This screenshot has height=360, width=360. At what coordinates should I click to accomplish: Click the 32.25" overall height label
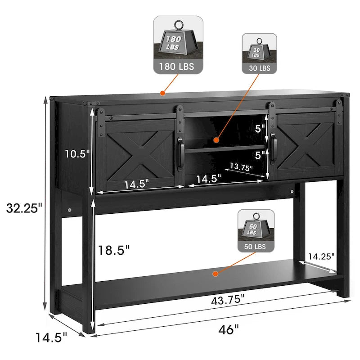point(24,208)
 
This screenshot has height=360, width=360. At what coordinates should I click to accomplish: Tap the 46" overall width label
point(229,330)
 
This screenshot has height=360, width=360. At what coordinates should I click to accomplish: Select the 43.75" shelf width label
point(228,300)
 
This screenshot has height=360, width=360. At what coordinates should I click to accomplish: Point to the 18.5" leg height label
point(114,250)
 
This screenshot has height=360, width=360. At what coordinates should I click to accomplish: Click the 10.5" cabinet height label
point(77,153)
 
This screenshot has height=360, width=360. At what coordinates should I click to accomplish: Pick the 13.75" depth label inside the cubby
point(241,167)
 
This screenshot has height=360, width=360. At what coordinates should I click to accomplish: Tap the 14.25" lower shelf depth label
point(321,256)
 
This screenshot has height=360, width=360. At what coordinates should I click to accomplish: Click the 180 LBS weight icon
point(178,45)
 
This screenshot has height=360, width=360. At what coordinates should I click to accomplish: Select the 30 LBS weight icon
point(260,54)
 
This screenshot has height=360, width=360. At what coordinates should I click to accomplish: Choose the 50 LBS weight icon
point(256,231)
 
